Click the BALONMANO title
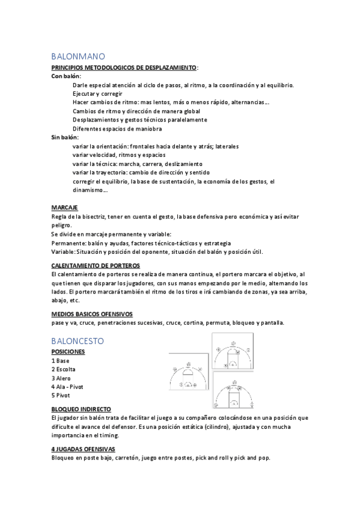coord(78,55)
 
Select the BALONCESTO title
coord(78,340)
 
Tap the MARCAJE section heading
coord(64,207)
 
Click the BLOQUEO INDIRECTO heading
coord(81,409)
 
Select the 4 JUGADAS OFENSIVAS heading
coord(84,449)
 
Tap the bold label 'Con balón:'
coord(66,77)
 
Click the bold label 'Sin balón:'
coord(66,137)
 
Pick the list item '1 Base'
coord(61,360)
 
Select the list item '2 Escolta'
coord(64,369)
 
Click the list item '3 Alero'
coord(62,378)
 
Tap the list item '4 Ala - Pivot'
coord(69,387)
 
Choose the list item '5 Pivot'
coord(61,395)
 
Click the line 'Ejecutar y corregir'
coord(97,94)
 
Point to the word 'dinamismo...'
coord(90,191)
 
